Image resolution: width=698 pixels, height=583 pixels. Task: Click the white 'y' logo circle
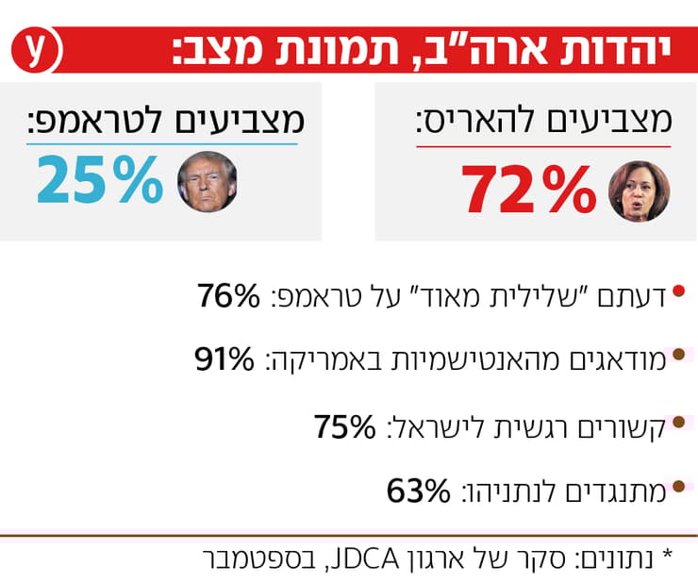point(36,52)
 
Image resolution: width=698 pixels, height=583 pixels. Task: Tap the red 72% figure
point(529,191)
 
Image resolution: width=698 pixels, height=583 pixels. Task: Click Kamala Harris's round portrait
point(638,191)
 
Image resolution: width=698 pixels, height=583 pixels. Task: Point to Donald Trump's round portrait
point(208,181)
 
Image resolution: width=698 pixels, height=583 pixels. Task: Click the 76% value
point(227,296)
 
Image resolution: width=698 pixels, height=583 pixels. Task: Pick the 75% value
point(345,426)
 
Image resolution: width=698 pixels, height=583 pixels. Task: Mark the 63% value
point(420,491)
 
